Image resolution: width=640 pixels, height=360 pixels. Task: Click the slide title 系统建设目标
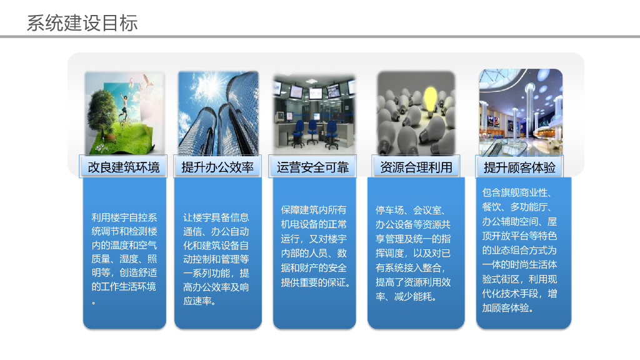82,23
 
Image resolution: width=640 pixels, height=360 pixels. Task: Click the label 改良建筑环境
124,167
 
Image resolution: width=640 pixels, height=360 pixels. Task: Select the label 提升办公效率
217,167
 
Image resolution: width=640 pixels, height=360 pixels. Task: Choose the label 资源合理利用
416,167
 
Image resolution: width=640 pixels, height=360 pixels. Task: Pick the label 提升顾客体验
519,167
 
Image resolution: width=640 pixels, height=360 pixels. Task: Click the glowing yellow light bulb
431,99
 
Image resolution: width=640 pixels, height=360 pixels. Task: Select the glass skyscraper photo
217,112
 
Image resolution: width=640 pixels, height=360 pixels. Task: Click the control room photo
314,112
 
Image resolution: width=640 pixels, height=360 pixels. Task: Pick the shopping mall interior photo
520,112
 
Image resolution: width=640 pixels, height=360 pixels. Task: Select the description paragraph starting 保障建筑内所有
314,246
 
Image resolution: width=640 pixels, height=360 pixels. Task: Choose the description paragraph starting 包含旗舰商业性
520,249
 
